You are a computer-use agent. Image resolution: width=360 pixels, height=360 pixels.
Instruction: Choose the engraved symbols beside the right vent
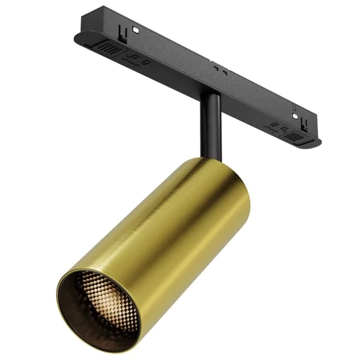pos(277,127)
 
